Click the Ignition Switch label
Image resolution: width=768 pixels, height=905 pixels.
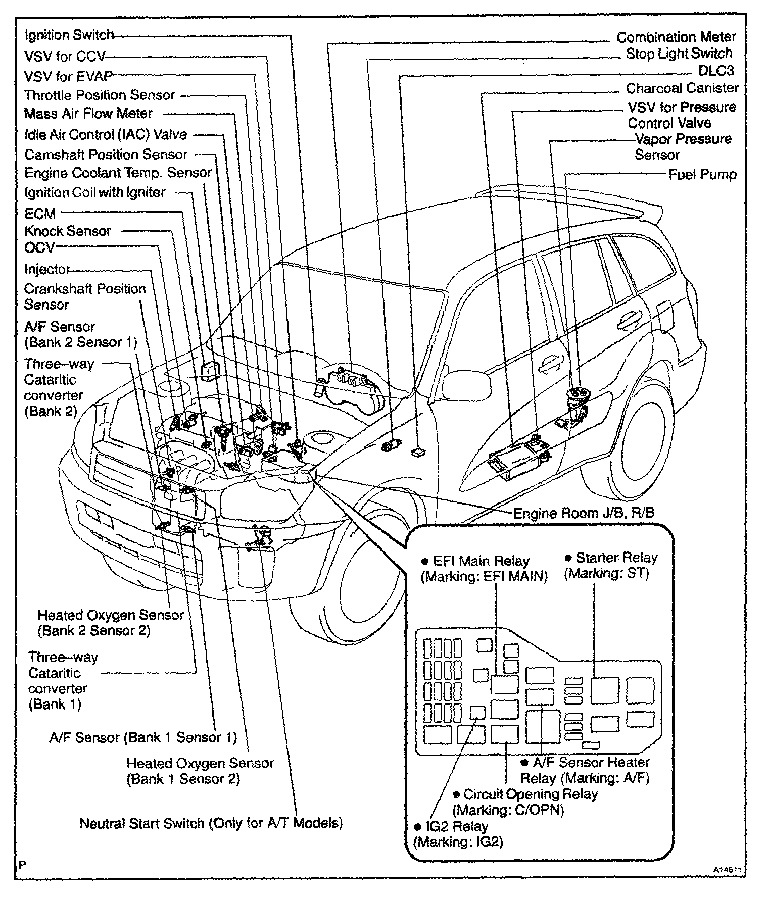[69, 35]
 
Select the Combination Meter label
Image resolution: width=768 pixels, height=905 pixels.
[676, 37]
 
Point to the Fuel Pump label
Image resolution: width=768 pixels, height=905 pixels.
[702, 175]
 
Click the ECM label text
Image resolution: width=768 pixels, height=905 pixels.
[40, 213]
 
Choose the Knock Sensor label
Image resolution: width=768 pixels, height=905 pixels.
[67, 231]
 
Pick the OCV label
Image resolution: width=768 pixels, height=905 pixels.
[39, 248]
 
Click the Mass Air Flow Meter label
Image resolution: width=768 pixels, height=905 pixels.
[88, 114]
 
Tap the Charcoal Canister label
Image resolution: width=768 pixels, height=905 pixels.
[682, 88]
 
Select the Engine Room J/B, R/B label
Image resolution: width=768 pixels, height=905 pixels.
[584, 514]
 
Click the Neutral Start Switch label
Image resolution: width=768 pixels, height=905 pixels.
[211, 824]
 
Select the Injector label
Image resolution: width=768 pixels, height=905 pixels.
[46, 269]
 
